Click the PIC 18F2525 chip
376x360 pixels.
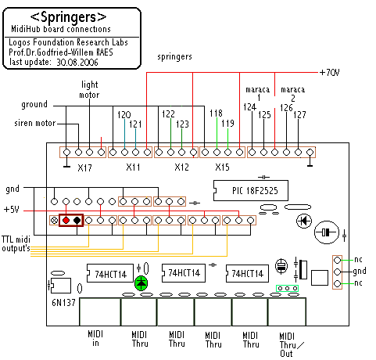tap(251, 190)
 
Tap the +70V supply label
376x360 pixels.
tap(330, 72)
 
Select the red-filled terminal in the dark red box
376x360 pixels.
tap(66, 221)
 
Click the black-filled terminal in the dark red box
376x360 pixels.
tap(77, 221)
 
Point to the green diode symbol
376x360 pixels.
tap(141, 283)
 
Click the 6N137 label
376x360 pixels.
tap(63, 303)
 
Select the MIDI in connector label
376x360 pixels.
tap(95, 338)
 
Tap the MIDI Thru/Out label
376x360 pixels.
tap(291, 345)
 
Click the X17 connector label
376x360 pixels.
tap(84, 167)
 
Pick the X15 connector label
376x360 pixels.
tap(222, 167)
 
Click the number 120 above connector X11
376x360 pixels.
tap(124, 115)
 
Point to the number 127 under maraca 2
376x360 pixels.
tap(299, 114)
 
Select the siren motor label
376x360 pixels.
tap(35, 123)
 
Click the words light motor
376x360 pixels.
tap(89, 89)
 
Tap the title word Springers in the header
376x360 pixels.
tap(69, 17)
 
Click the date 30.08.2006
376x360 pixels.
tap(77, 63)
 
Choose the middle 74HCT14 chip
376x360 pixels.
tap(184, 273)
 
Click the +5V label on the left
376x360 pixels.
tap(12, 210)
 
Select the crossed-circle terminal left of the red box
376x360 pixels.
tap(55, 221)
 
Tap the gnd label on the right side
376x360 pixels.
tap(360, 272)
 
